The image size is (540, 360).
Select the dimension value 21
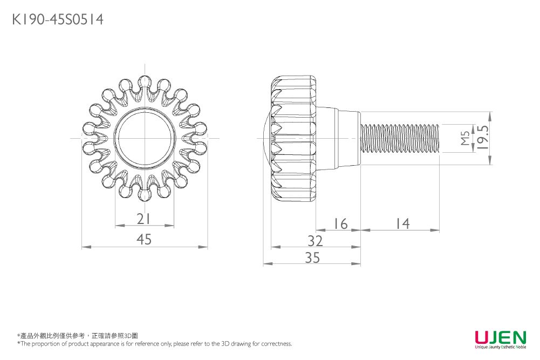(143, 219)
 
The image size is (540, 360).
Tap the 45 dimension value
(144, 239)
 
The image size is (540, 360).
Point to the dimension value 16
(340, 223)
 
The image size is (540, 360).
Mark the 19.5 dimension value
(482, 138)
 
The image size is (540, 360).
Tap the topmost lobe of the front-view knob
(144, 81)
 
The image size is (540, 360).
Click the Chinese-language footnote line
(78, 336)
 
